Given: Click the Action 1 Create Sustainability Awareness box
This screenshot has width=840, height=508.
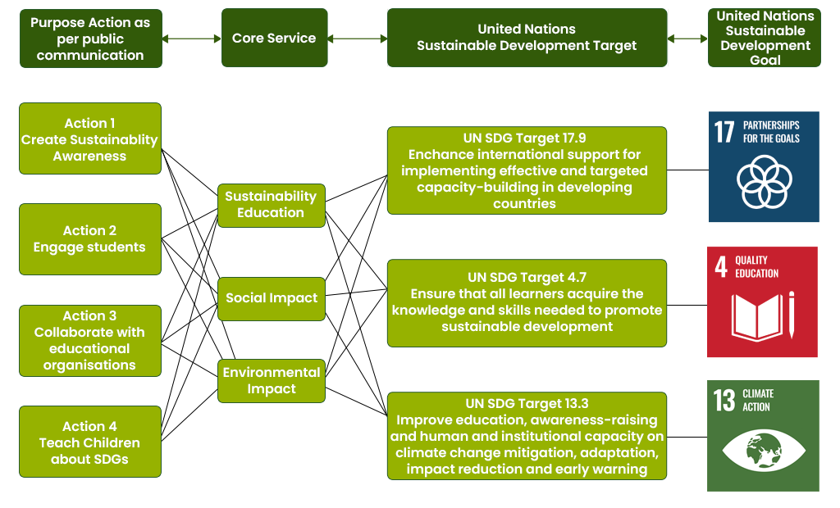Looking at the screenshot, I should (x=90, y=138).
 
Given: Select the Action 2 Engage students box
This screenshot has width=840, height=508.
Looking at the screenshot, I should (x=90, y=239).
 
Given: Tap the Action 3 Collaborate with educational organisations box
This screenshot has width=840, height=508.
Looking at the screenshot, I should (x=90, y=341).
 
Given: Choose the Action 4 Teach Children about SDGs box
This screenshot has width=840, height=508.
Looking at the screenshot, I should (x=90, y=442).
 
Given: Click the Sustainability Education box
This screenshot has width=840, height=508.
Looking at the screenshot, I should (x=271, y=205).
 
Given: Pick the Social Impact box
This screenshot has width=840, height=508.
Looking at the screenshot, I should (x=272, y=298).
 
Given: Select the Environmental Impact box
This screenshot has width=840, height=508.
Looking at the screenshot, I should (x=272, y=380).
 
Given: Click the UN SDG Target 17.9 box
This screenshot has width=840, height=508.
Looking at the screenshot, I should (x=527, y=170).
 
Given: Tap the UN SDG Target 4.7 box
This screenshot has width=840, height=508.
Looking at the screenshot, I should (x=527, y=302).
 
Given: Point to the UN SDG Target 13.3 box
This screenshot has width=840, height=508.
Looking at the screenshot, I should (x=527, y=436).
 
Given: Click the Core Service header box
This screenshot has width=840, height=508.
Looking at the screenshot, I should (x=274, y=38).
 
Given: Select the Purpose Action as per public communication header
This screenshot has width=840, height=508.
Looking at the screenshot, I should (x=90, y=39).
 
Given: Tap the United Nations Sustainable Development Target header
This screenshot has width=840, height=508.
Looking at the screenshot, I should (x=527, y=38).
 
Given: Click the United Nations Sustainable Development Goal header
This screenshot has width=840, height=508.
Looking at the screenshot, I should (x=765, y=38).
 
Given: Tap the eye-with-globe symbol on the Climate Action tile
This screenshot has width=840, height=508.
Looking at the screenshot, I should (x=764, y=450).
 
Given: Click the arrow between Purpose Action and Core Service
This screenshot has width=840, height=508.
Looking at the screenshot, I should (x=192, y=39).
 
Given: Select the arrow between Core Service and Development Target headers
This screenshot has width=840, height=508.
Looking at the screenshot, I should (x=358, y=39).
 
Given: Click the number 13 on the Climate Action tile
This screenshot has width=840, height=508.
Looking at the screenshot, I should (x=724, y=400).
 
